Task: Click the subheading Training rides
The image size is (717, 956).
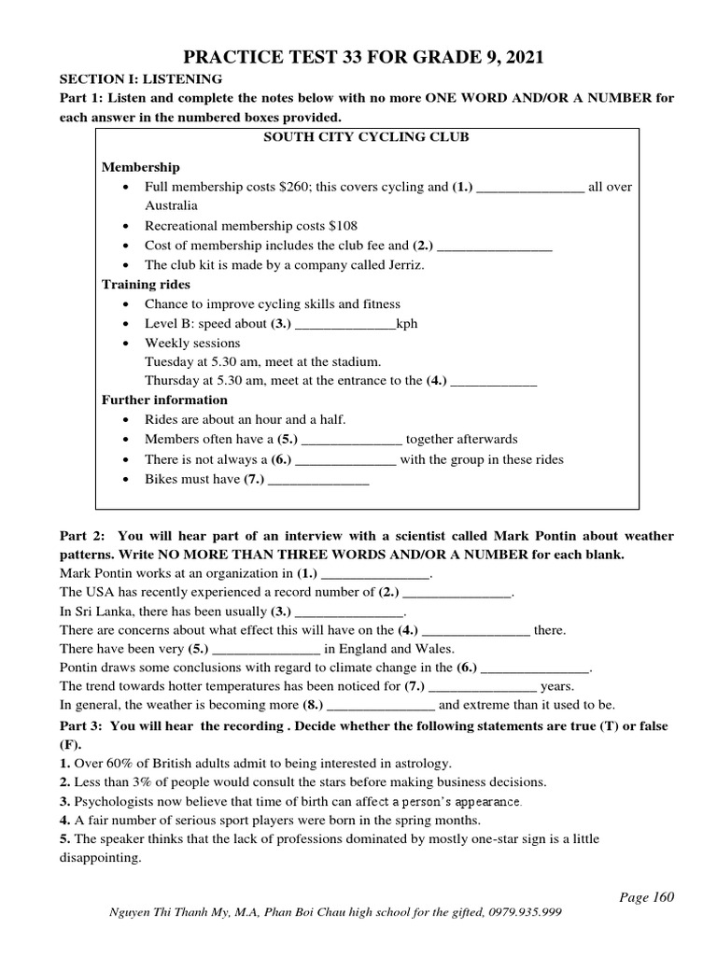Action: tap(146, 284)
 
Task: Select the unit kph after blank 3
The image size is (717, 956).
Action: tap(407, 324)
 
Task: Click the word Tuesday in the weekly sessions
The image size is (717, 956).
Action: tap(169, 361)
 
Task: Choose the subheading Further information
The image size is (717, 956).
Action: tap(164, 400)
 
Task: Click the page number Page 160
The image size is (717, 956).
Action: tap(646, 897)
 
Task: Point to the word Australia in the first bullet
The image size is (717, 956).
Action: tap(171, 205)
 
